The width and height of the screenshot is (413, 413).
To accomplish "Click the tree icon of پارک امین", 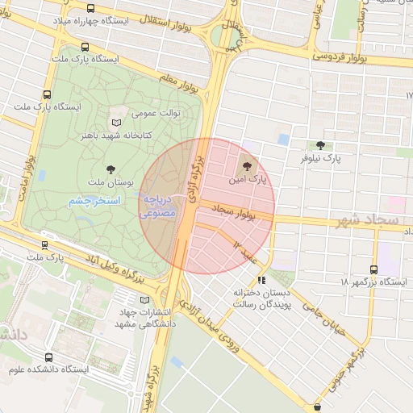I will coord(247,164).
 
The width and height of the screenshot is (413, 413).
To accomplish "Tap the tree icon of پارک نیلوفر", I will coord(322,145).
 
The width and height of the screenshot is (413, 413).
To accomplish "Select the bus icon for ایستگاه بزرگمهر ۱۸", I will coord(373,269).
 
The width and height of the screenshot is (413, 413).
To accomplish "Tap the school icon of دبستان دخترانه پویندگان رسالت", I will coord(260,280).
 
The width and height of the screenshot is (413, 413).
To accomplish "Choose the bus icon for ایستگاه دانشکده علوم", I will coord(49,357).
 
